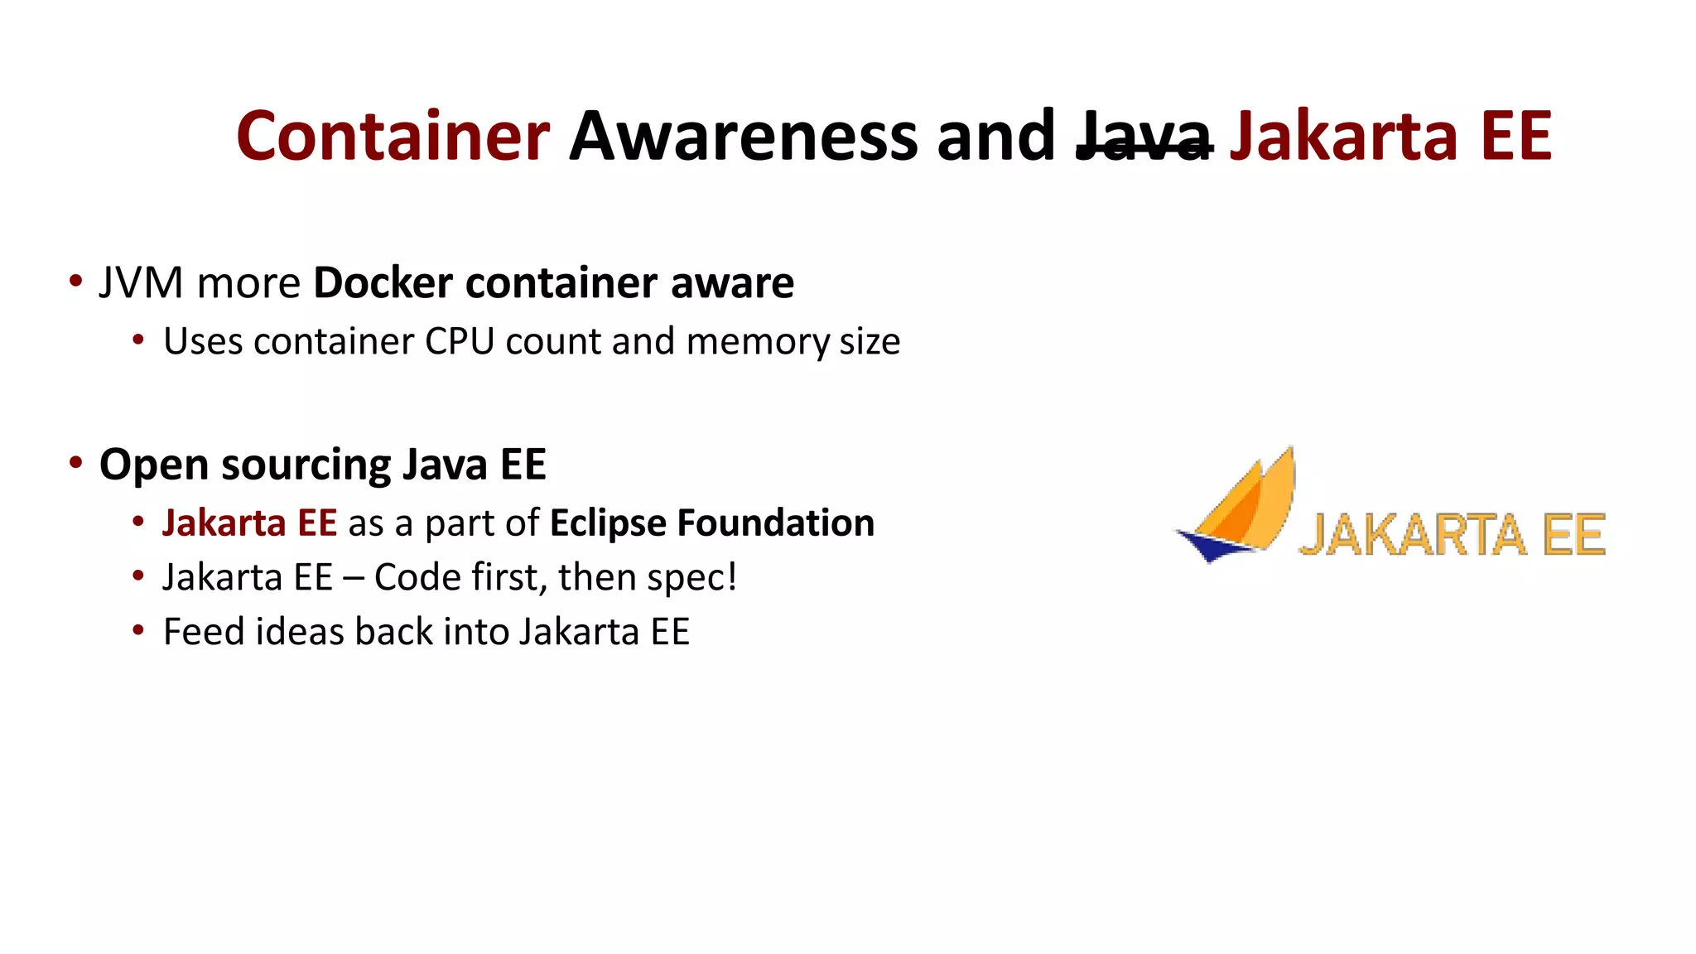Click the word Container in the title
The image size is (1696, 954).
pos(393,136)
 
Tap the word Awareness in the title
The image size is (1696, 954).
pos(743,136)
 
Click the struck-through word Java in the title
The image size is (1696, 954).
pos(1144,136)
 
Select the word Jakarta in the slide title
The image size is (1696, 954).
pos(1342,136)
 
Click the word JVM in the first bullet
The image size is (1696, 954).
pos(141,283)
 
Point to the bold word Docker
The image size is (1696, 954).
pos(383,283)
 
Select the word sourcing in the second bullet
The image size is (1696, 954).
pos(306,465)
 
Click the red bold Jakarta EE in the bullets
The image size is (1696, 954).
pos(249,523)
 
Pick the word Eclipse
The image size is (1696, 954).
pos(607,523)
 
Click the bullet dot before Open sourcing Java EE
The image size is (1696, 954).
pos(76,463)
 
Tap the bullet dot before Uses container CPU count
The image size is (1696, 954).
pos(138,340)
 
